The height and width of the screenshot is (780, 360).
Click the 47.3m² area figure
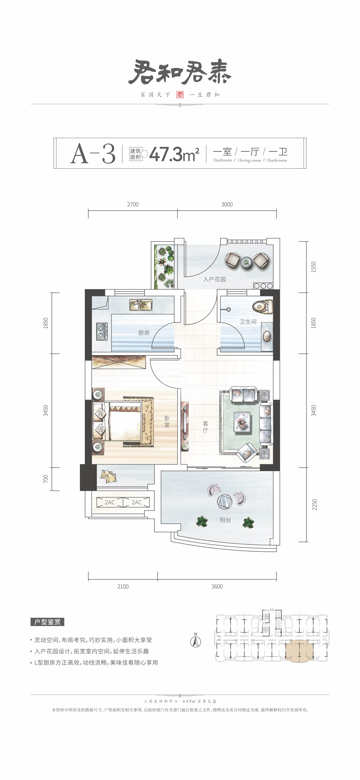tap(174, 154)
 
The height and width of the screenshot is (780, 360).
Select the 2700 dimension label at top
tap(133, 204)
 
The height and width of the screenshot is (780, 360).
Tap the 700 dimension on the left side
tap(45, 479)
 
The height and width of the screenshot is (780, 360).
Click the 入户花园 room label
tap(214, 279)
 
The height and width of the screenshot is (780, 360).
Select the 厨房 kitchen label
tap(144, 333)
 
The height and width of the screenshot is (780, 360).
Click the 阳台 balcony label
tap(225, 520)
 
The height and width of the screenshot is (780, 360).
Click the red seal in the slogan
tap(180, 95)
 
